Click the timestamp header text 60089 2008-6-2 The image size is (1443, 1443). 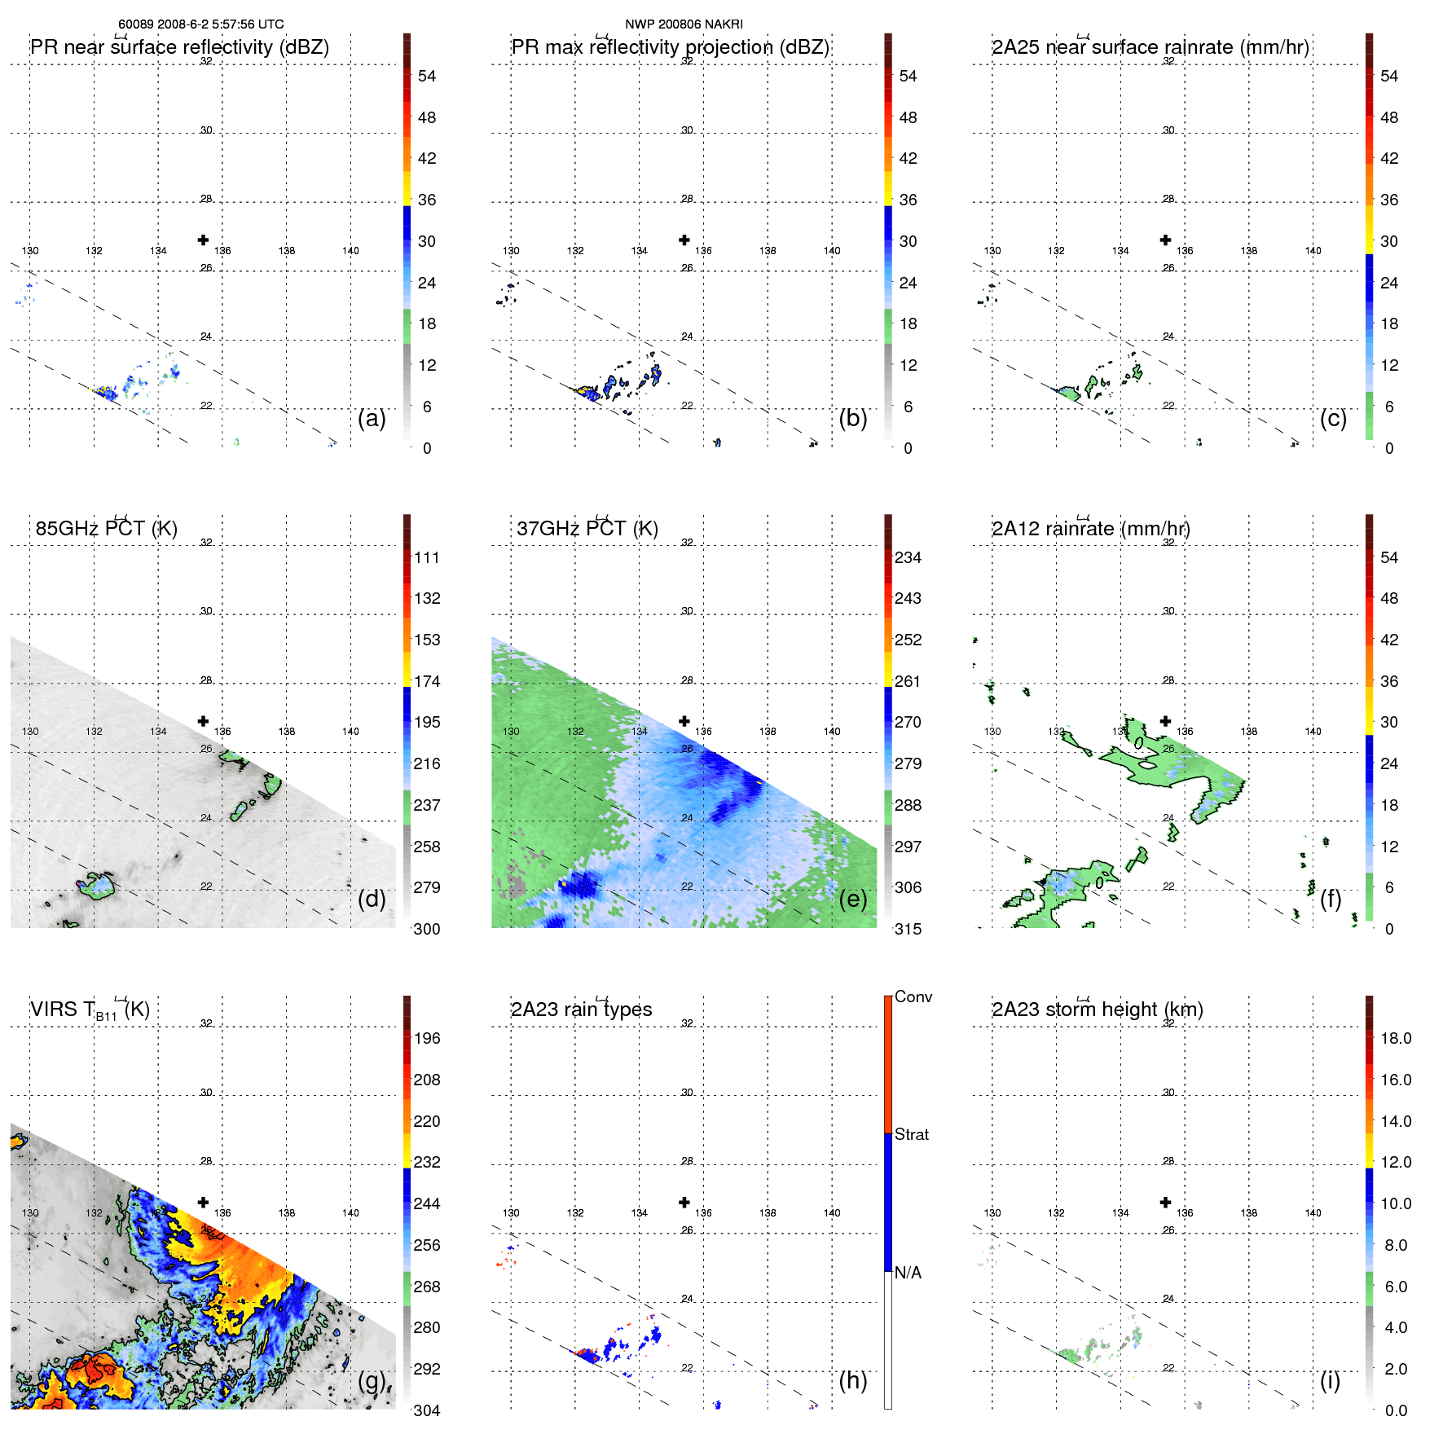point(200,24)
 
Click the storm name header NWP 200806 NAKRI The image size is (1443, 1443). point(684,24)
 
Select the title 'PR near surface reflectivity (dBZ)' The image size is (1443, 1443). point(179,47)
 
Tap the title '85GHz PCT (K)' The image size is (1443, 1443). point(106,529)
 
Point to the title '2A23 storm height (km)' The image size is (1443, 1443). point(1097,1010)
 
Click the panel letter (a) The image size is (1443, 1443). point(372,419)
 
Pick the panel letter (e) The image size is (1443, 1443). point(853,899)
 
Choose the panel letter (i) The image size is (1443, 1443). point(1330,1380)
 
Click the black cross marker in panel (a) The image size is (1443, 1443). point(203,240)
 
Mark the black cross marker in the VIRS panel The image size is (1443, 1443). point(203,1202)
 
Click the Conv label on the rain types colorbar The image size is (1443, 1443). point(913,997)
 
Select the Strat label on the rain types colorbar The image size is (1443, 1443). point(912,1135)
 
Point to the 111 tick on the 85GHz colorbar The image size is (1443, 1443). point(427,558)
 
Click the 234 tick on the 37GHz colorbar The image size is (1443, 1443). point(908,558)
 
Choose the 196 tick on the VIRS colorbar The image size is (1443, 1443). point(427,1039)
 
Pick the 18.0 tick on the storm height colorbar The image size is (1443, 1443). point(1396,1039)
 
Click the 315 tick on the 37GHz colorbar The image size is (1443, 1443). point(908,930)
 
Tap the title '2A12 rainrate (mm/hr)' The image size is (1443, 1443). point(1090,529)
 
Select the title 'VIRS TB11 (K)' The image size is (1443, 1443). point(90,1010)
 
